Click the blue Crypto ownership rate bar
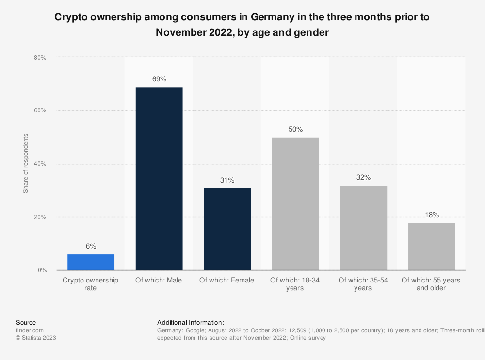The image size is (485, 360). (91, 262)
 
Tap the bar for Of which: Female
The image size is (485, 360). (227, 229)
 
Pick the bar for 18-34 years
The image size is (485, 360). (295, 203)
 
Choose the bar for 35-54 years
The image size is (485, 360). (363, 228)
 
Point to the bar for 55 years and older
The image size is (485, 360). (432, 246)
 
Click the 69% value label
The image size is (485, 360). (159, 78)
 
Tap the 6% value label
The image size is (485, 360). (91, 246)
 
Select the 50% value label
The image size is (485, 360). (295, 129)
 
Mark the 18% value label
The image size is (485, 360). (432, 215)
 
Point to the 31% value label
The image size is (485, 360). (227, 180)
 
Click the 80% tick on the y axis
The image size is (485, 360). (40, 58)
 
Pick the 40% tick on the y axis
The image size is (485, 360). (40, 164)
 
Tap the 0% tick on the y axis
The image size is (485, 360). (41, 270)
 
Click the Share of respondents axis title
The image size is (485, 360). (26, 163)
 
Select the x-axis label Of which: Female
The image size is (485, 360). (227, 280)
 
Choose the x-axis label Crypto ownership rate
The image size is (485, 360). (91, 284)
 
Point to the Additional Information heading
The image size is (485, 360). (190, 322)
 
